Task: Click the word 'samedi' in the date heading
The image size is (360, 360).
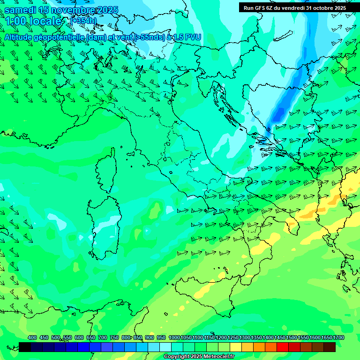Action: pos(20,10)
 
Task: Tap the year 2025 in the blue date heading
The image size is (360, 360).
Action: pos(106,10)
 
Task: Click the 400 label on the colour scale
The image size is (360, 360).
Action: pos(32,337)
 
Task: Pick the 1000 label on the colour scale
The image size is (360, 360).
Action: pos(174,337)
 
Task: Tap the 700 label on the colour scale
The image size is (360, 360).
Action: pos(102,337)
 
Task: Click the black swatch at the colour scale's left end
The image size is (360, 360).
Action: pos(25,347)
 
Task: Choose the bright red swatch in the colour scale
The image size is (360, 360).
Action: pos(283,347)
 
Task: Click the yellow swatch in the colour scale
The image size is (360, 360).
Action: pos(236,347)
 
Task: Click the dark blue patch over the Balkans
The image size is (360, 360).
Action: pos(280,112)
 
